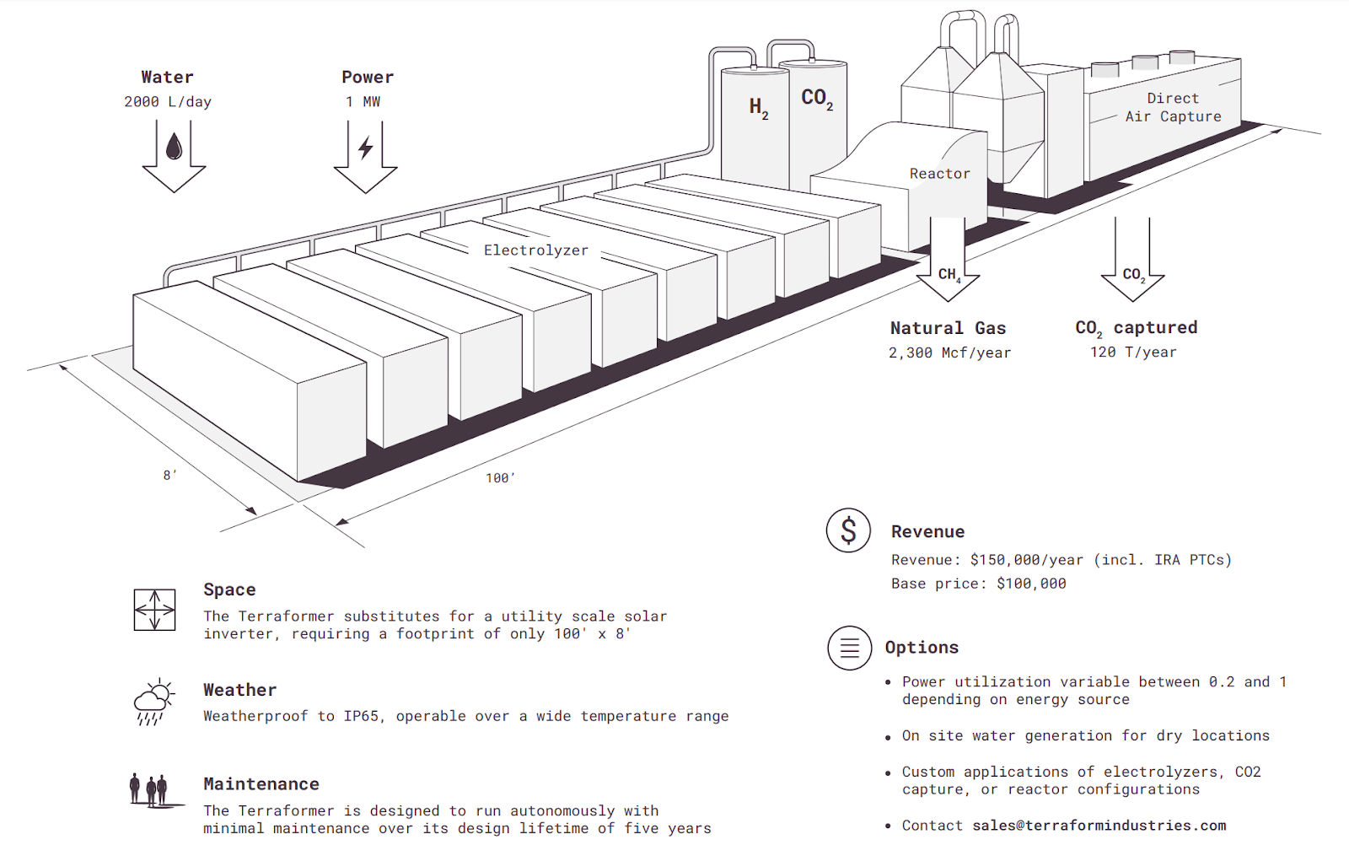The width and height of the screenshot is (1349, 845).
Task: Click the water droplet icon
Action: [174, 147]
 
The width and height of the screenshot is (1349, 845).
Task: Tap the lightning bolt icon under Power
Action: [365, 148]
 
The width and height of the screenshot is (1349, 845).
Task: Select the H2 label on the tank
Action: [758, 107]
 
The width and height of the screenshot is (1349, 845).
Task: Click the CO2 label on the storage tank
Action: [816, 99]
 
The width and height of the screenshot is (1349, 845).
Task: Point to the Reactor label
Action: [939, 174]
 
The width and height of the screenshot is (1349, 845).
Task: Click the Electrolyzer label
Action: [535, 250]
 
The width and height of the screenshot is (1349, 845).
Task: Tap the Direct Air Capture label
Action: [1173, 108]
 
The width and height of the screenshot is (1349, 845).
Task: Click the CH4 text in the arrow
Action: [949, 275]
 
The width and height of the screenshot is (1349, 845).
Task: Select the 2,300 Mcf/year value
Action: [949, 353]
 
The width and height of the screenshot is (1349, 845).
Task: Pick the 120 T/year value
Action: [1133, 353]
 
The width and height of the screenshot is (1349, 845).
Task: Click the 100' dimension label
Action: [499, 478]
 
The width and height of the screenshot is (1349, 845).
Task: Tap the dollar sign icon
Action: [848, 530]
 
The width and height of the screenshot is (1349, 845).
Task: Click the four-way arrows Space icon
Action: [154, 610]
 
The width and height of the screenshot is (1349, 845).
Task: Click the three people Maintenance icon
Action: [149, 789]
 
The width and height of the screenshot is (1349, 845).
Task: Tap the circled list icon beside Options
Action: [849, 648]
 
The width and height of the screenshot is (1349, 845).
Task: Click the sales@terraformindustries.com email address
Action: [1099, 826]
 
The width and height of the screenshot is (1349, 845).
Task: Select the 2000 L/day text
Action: [168, 102]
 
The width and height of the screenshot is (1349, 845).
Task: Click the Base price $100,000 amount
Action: [1031, 584]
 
